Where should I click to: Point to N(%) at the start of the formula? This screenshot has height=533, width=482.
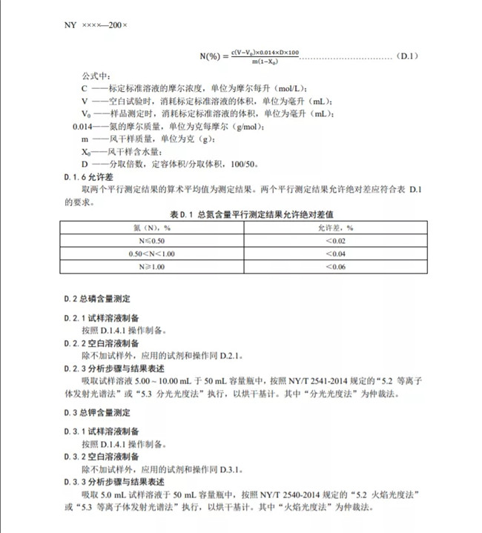pyautogui.click(x=213, y=56)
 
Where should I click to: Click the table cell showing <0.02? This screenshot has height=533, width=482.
pyautogui.click(x=336, y=240)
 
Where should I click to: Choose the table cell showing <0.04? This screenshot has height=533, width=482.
pyautogui.click(x=336, y=254)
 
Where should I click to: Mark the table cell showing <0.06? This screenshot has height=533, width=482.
pyautogui.click(x=336, y=267)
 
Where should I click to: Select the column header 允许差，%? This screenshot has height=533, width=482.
pyautogui.click(x=336, y=228)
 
